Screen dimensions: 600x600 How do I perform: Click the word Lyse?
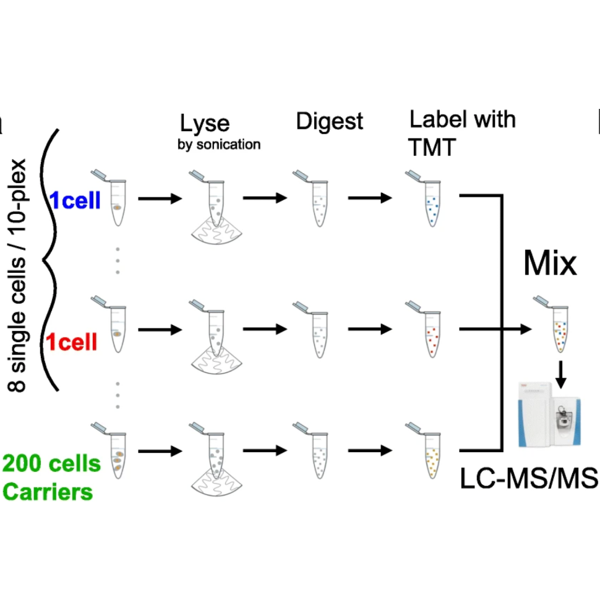[205, 123]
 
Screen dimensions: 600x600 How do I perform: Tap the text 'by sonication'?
[220, 145]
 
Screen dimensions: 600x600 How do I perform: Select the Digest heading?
[329, 121]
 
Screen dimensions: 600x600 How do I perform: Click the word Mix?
[550, 263]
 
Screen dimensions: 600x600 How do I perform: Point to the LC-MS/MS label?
[529, 478]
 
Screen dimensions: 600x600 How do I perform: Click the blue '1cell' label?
[75, 201]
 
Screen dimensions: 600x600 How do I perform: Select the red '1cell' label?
[71, 341]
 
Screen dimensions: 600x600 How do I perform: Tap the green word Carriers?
[48, 492]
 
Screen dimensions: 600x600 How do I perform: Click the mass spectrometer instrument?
[549, 415]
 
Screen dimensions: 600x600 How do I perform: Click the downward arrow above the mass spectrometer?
[560, 372]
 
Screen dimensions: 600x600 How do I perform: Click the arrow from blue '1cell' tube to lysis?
[160, 199]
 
